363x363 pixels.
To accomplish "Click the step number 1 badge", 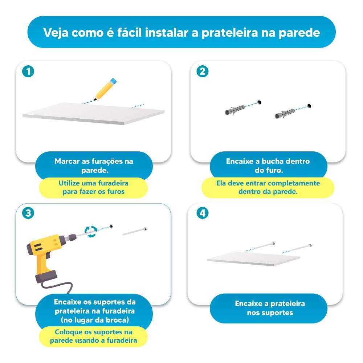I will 28,72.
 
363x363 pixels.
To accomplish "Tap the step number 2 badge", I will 203,72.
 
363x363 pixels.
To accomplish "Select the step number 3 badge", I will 28,213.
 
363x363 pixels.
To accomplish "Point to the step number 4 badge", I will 203,213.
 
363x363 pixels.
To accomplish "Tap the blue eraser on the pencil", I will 114,80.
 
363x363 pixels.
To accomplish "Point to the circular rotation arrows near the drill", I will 91,231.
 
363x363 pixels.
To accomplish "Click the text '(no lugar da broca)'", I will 94,320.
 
